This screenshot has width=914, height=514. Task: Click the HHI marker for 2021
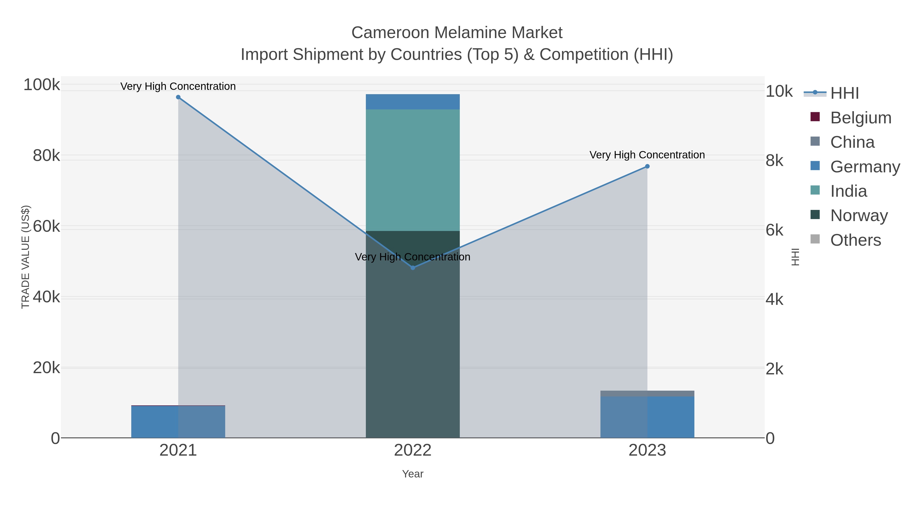coord(178,97)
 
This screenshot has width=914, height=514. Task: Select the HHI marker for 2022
coord(413,268)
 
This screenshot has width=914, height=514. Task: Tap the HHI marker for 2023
coord(647,166)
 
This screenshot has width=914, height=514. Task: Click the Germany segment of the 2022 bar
coord(413,102)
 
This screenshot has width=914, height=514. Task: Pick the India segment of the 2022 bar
coord(413,170)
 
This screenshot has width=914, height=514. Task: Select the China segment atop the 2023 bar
coord(647,393)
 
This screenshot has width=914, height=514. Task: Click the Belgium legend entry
coord(860,118)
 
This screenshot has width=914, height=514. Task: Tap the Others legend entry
coord(855,240)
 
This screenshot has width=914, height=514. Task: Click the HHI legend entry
coord(844,93)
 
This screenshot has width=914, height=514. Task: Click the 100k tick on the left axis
coord(42,85)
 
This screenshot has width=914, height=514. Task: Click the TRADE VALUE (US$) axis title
coord(26,257)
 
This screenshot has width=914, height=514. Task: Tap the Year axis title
coord(413,474)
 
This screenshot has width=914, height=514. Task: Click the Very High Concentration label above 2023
coord(647,155)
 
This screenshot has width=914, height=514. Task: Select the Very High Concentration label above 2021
coord(178,87)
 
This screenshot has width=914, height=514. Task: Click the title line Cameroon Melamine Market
coord(457,33)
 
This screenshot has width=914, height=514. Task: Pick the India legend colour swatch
coord(815,190)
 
